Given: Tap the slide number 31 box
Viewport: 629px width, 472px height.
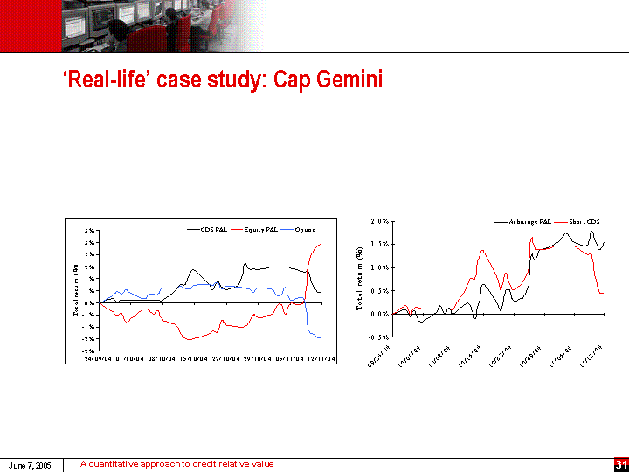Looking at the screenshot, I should tap(621, 463).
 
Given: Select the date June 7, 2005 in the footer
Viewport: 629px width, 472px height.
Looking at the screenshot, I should tap(31, 465).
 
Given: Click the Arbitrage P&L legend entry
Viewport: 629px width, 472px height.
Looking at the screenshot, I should tap(529, 222).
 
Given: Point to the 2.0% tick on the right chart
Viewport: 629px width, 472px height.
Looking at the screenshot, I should tap(380, 222).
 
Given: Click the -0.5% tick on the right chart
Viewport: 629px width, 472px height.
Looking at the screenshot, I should tap(379, 337).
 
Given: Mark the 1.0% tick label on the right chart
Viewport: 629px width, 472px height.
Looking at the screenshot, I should tap(380, 267).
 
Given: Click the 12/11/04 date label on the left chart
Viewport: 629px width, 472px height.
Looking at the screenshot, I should tap(322, 357).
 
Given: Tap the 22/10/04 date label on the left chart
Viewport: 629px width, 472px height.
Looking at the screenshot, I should tap(225, 357).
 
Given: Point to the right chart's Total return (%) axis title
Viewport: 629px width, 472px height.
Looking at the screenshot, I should tap(359, 278).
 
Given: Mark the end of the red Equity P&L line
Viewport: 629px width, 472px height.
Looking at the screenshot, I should tap(321, 243).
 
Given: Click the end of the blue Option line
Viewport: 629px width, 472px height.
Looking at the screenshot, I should tap(321, 337).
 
